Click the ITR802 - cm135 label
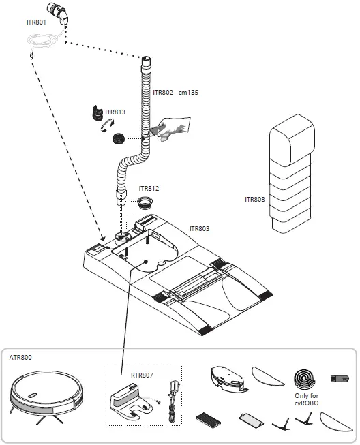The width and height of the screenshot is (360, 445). tap(175, 92)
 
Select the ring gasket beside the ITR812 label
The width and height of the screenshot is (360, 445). tap(145, 202)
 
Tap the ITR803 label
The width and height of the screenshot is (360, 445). tap(200, 229)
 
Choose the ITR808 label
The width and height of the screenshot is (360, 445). tap(255, 200)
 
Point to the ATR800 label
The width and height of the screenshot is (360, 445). tap(20, 356)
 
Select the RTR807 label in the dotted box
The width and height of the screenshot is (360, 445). tap(141, 374)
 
